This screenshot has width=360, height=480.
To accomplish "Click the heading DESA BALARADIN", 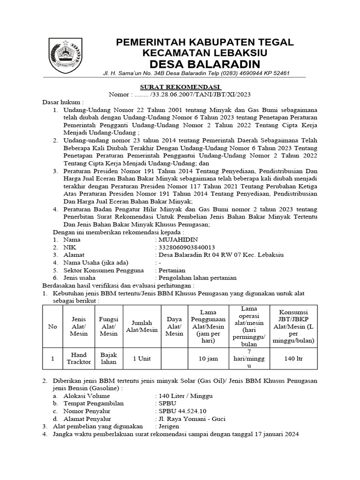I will coord(204,63).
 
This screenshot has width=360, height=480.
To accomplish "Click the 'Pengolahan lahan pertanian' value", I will coord(198,277).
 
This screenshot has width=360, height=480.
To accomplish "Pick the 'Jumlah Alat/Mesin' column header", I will coord(142,326).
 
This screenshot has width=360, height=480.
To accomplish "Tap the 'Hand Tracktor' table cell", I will coord(79,359).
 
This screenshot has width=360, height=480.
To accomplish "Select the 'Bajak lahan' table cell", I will coord(109,359).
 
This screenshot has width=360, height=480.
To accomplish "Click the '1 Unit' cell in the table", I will coord(142,359).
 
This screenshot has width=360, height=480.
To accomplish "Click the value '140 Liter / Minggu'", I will coord(186,396).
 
